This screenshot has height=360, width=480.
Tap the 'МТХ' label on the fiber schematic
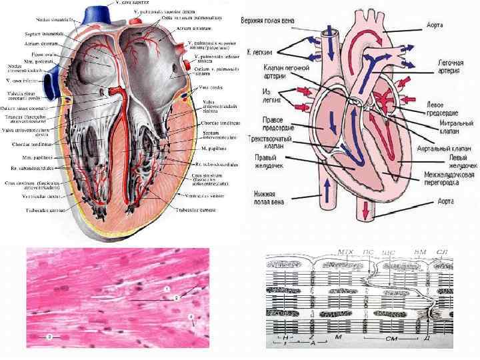click(x=346, y=252)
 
